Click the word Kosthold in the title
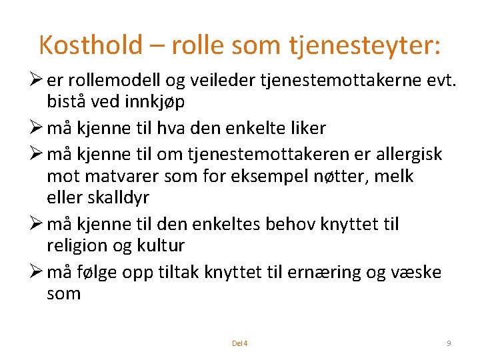pyautogui.click(x=91, y=45)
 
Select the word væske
pyautogui.click(x=417, y=271)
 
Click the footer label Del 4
pyautogui.click(x=239, y=343)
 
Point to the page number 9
pyautogui.click(x=449, y=343)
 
